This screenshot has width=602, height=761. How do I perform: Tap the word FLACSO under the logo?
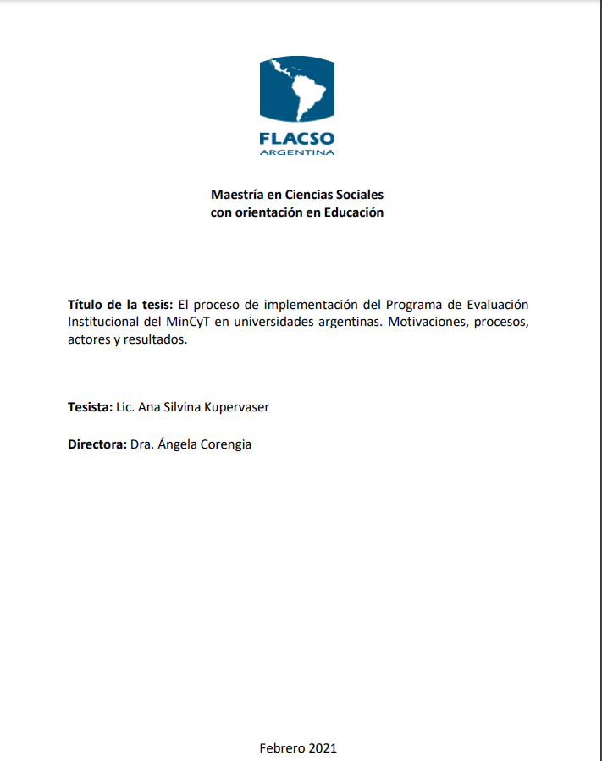297,138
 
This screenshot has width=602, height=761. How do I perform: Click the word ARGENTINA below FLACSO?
297,152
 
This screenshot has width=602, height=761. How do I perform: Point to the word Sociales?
359,195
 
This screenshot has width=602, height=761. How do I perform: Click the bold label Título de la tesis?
120,305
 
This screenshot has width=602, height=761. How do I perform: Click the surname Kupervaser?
234,407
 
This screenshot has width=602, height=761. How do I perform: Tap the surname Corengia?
225,444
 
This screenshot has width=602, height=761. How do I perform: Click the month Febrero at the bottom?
282,747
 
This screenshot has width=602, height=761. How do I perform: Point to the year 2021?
323,747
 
